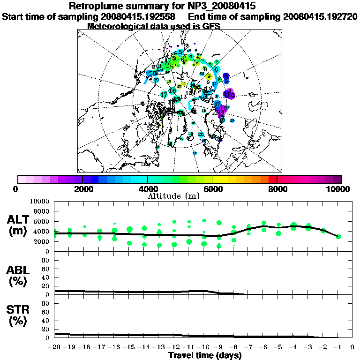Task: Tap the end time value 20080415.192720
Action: tap(320, 16)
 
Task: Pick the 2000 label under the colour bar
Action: tap(82, 189)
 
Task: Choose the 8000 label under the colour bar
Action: tap(277, 189)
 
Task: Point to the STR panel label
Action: tap(20, 315)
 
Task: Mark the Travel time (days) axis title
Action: tap(205, 355)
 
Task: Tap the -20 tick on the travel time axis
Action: tap(55, 347)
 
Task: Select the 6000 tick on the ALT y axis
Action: tap(42, 221)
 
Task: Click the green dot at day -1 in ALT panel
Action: tap(338, 236)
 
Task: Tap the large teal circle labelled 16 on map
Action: tap(172, 90)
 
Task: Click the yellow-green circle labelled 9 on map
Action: tap(209, 76)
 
